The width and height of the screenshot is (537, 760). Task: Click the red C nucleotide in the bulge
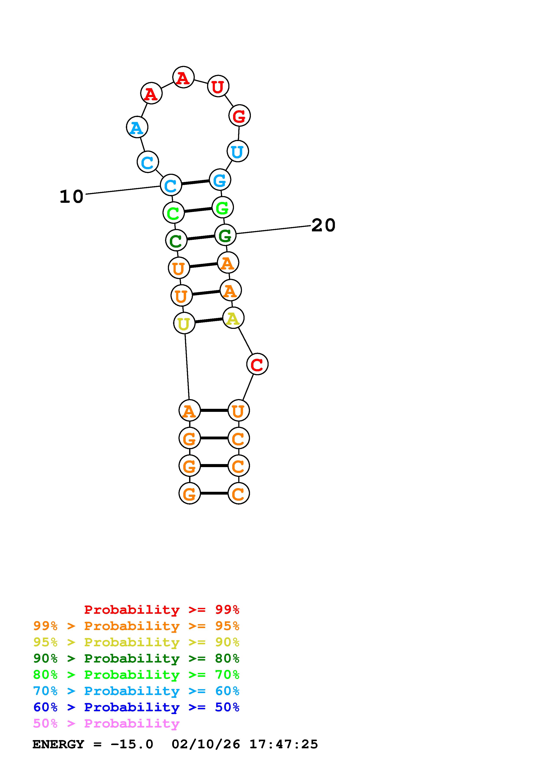[257, 364]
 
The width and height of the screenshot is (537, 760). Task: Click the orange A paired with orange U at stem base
[189, 411]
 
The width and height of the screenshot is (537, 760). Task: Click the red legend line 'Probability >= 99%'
[161, 609]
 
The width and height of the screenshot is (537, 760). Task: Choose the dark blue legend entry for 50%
[136, 707]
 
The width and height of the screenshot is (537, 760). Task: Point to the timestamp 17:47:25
[284, 744]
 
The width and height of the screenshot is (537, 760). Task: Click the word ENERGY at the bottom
[58, 744]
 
